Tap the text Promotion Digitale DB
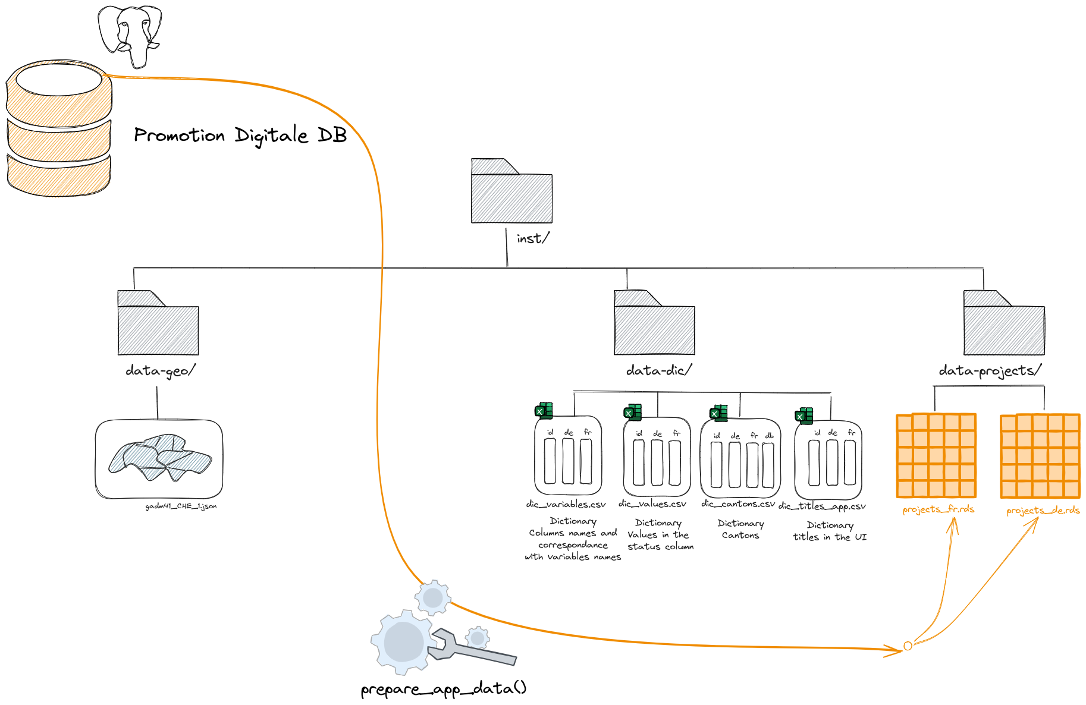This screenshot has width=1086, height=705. tap(240, 136)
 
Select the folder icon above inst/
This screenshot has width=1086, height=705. tap(511, 191)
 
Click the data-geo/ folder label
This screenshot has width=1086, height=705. tap(160, 371)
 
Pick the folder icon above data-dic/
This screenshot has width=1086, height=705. tap(654, 323)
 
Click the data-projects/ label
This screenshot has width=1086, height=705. tap(990, 371)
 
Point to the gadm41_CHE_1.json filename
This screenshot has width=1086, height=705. tap(181, 506)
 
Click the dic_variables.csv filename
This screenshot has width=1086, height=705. tap(566, 504)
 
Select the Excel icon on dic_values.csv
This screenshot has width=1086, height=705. tap(632, 412)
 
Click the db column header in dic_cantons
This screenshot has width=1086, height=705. tap(769, 436)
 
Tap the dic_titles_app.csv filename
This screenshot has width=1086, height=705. tap(822, 506)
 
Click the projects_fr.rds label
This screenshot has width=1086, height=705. tap(938, 509)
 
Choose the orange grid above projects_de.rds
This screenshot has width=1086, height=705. tap(1040, 456)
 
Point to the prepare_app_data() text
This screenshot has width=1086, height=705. tap(443, 689)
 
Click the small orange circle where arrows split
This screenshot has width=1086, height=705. tap(908, 646)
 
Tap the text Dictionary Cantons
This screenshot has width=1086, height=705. tap(740, 529)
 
